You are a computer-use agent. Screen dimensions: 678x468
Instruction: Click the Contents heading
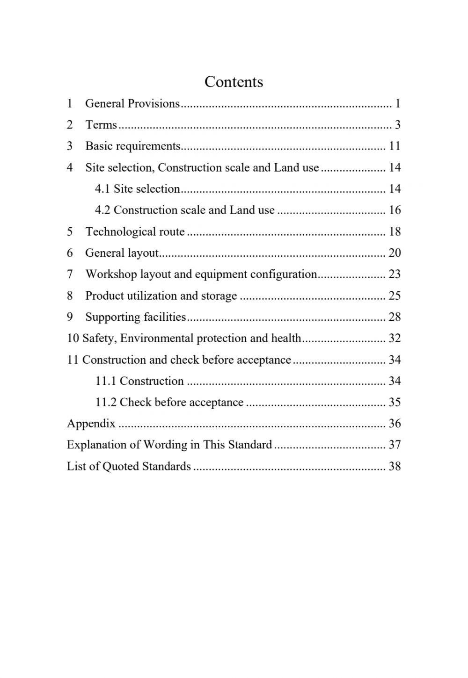[x=234, y=82]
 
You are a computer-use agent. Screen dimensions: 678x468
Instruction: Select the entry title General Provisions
[x=132, y=103]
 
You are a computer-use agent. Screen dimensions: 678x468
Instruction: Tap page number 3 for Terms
[x=397, y=124]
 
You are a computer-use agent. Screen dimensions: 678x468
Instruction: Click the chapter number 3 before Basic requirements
[x=70, y=146]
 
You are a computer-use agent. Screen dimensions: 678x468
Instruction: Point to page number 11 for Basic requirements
[x=395, y=146]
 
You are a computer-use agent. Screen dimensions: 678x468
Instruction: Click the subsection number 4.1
[x=102, y=188]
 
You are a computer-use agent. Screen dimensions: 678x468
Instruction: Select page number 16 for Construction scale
[x=395, y=210]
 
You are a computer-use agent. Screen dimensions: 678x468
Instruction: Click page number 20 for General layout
[x=395, y=253]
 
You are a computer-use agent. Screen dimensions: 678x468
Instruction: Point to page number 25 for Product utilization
[x=395, y=296]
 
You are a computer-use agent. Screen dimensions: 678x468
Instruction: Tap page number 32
[x=395, y=338]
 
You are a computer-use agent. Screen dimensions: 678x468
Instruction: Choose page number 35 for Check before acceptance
[x=395, y=402]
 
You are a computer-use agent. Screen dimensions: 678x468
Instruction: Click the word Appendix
[x=91, y=424]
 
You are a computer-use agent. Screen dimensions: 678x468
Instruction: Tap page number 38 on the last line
[x=395, y=466]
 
